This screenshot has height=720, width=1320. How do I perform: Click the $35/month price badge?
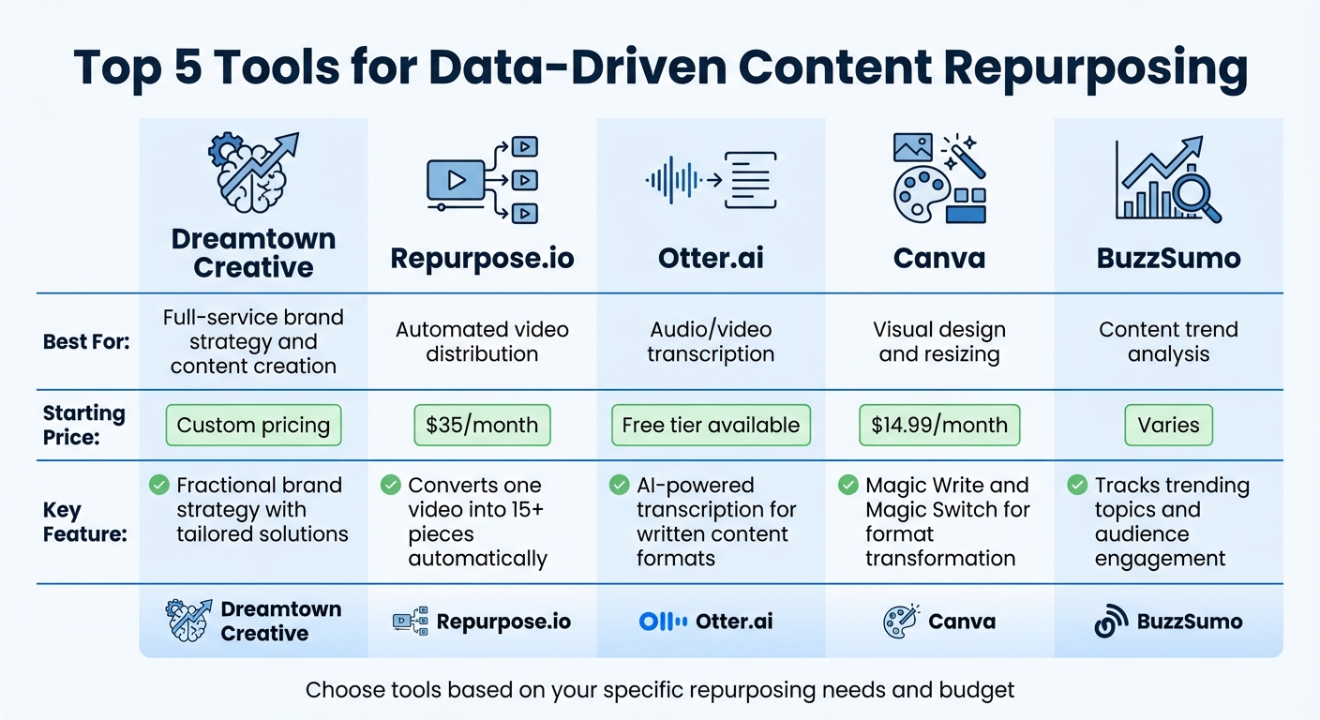tap(482, 426)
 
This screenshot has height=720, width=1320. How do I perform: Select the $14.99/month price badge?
tap(938, 426)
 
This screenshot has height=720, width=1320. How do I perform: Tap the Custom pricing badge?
tap(253, 426)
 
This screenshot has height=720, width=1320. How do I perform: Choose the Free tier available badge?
tap(711, 426)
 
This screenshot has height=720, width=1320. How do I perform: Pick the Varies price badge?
tap(1168, 426)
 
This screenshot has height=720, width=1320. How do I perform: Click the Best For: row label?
tap(86, 342)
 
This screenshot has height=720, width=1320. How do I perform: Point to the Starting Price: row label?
tap(83, 425)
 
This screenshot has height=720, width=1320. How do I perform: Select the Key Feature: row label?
tap(85, 522)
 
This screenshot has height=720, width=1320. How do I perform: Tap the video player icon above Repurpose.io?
tap(456, 179)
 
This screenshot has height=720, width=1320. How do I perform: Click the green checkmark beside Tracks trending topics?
tap(1077, 486)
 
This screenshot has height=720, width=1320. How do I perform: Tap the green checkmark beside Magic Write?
tap(847, 486)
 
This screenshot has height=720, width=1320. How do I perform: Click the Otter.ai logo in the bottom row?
tap(662, 622)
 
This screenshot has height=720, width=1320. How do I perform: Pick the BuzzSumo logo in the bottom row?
tap(1111, 622)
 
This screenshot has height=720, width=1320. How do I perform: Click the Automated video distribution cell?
tap(482, 342)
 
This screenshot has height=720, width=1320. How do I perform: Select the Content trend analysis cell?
tap(1168, 342)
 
